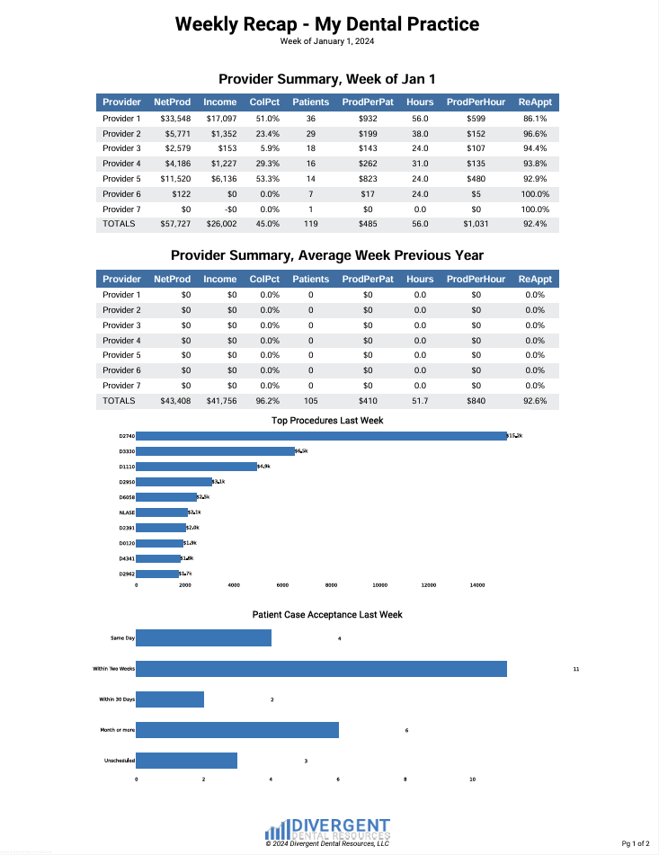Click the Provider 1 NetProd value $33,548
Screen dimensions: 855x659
175,119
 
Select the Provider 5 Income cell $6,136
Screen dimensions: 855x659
221,179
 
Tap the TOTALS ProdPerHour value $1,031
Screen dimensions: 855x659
476,224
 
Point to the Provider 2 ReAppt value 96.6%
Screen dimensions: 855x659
535,134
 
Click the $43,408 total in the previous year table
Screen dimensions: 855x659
175,401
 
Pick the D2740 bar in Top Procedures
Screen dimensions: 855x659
321,436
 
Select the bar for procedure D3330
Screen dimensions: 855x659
215,451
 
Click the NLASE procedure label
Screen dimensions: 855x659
126,512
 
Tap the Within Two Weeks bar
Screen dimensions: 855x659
321,669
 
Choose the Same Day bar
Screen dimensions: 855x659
203,638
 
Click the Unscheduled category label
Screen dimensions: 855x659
120,761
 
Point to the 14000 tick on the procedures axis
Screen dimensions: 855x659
477,585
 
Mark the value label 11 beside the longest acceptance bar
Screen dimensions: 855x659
575,670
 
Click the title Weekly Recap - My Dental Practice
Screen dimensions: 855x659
326,23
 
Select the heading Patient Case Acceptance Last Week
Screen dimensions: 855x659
327,615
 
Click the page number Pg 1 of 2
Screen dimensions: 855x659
635,843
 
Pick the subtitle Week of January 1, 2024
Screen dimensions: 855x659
326,41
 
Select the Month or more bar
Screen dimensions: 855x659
237,730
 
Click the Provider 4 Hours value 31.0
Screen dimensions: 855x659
420,164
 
